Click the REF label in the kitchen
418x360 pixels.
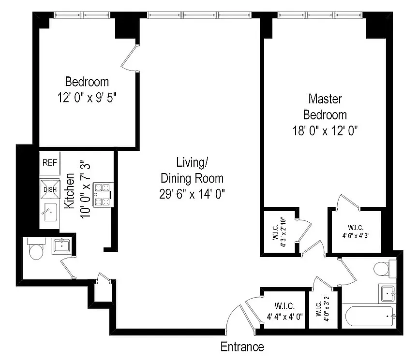(x=49, y=163)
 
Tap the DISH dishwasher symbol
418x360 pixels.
(x=50, y=188)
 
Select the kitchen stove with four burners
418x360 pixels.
(x=102, y=194)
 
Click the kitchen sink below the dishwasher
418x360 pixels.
(x=49, y=212)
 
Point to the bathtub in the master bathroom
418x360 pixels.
(x=370, y=317)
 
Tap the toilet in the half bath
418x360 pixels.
(x=35, y=250)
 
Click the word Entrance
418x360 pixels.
(x=242, y=346)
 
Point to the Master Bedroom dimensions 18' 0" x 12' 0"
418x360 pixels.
(x=325, y=131)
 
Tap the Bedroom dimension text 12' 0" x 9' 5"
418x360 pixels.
(x=87, y=97)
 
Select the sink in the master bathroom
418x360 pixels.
(x=388, y=292)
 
